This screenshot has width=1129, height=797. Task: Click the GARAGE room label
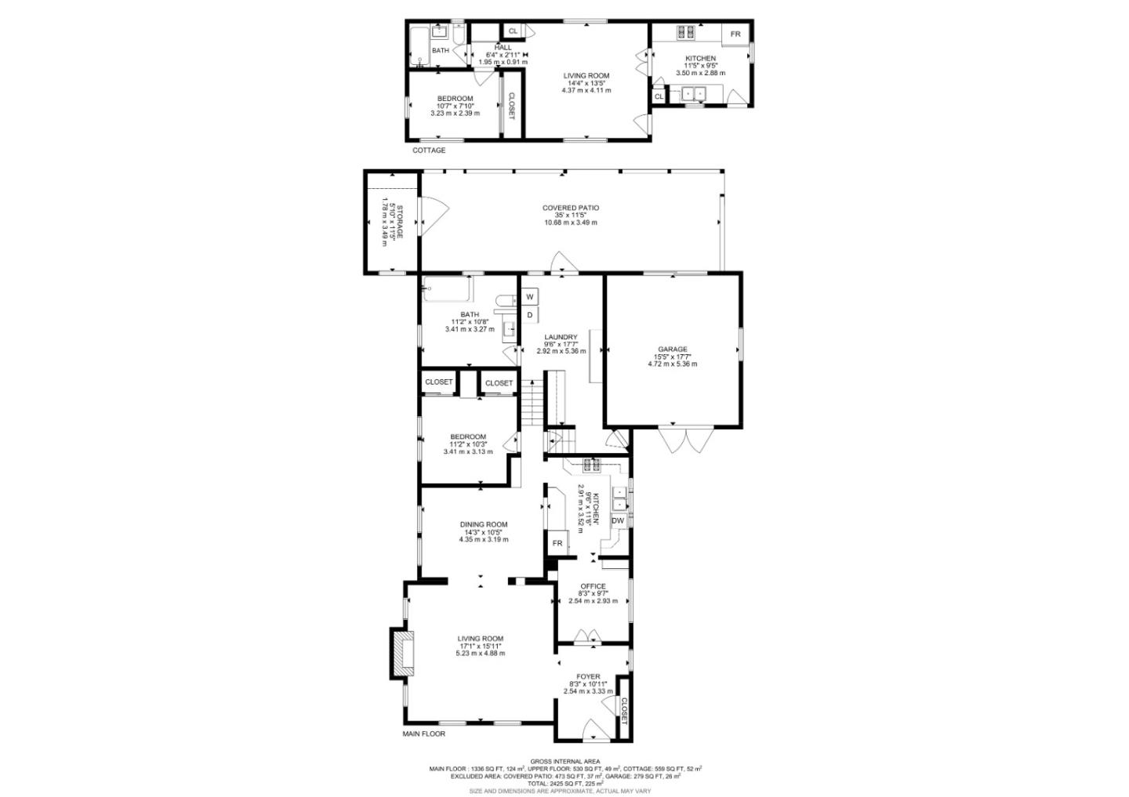click(x=672, y=350)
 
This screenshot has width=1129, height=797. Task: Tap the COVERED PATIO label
click(x=571, y=208)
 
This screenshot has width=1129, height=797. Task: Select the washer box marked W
click(x=530, y=297)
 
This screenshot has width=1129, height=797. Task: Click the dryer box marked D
click(x=530, y=315)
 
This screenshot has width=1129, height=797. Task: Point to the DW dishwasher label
click(x=618, y=521)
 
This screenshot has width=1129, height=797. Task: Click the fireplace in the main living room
click(x=403, y=652)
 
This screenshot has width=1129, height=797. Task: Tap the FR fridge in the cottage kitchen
click(x=735, y=34)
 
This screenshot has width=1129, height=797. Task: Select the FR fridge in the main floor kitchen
click(x=557, y=543)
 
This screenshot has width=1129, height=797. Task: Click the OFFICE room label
click(x=593, y=586)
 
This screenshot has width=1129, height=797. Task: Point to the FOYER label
click(x=588, y=677)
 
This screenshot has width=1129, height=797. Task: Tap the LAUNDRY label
click(x=561, y=337)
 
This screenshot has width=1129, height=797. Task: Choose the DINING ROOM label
click(x=483, y=525)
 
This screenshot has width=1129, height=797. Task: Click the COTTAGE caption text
click(x=429, y=150)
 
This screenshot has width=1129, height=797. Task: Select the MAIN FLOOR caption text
click(x=424, y=734)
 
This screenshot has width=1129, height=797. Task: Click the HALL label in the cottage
click(x=503, y=48)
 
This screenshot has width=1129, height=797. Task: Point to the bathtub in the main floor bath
click(x=448, y=289)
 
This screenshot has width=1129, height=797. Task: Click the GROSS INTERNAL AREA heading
click(x=564, y=762)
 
